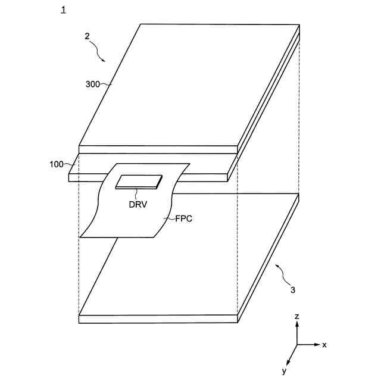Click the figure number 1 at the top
point(64,10)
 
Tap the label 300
point(93,84)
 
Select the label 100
point(57,163)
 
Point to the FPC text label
point(184,218)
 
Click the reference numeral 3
point(292,290)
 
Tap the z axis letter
point(296,317)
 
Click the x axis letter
point(324,345)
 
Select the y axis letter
point(284,371)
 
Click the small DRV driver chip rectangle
point(139,181)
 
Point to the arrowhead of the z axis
point(296,325)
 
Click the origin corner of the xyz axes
point(296,345)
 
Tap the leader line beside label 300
point(107,85)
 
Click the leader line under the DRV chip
point(137,193)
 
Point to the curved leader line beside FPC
point(170,218)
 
